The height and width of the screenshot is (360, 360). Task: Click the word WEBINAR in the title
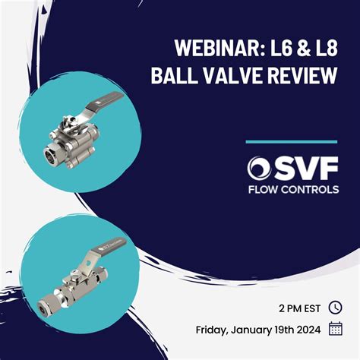215,47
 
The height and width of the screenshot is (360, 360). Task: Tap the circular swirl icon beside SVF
259,168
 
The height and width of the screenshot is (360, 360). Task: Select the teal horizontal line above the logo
292,141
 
